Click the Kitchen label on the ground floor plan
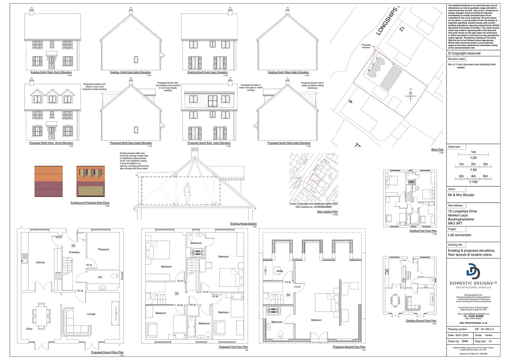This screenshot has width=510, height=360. (x=40, y=263)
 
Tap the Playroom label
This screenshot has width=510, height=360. (x=104, y=249)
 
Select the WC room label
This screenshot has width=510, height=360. (x=100, y=277)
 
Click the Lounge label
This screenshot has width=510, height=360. (x=91, y=314)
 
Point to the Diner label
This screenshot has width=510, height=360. (x=29, y=329)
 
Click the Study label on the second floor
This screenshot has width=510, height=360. (x=280, y=271)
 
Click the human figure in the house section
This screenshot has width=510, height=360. (x=188, y=193)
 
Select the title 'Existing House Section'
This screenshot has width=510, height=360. (x=243, y=224)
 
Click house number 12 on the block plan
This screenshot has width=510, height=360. (x=401, y=29)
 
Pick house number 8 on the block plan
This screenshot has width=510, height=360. (x=351, y=102)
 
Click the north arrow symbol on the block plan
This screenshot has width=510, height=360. (x=411, y=94)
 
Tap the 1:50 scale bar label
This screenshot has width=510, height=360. (x=473, y=170)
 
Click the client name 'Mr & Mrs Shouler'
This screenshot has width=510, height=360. (x=461, y=195)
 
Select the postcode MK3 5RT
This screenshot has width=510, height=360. (x=455, y=223)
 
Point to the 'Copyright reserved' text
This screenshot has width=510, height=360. (x=466, y=53)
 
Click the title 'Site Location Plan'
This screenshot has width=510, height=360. (x=327, y=212)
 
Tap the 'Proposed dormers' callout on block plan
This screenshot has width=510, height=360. (x=366, y=46)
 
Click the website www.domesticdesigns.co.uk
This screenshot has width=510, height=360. (x=473, y=323)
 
